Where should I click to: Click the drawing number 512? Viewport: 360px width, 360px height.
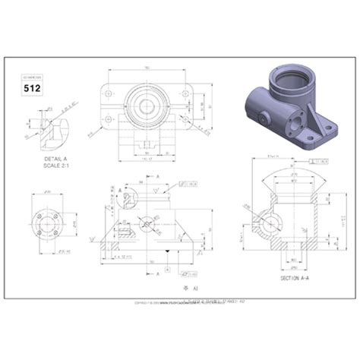click(x=33, y=87)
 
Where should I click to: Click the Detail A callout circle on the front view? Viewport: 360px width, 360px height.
click(x=122, y=199)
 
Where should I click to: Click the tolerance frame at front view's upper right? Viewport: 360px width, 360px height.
click(x=189, y=184)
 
